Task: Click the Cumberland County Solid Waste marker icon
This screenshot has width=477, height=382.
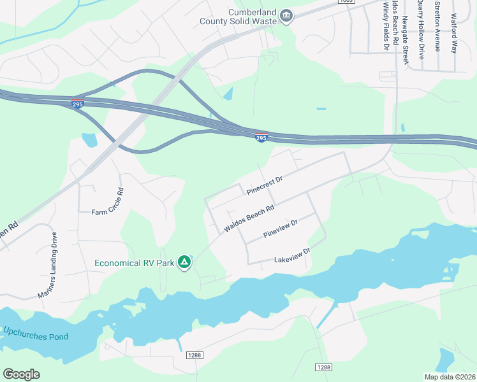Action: coord(286,15)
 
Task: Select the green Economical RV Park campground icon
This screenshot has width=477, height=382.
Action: coord(184,262)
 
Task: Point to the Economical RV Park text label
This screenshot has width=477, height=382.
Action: coord(133,262)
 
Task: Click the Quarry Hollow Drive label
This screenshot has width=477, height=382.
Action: coord(421,29)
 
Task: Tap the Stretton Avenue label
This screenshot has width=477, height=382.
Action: coord(437,25)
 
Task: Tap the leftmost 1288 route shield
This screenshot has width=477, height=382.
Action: coord(194,355)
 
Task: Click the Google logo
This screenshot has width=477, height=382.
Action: coord(21,374)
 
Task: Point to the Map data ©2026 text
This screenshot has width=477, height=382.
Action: coord(449,377)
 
